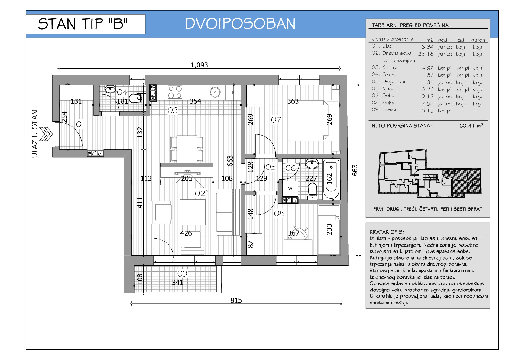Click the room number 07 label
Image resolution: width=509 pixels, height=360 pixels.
pyautogui.click(x=276, y=120)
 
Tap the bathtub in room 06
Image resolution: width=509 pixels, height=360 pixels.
pyautogui.click(x=331, y=179)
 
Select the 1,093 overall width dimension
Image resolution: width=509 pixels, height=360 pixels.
pyautogui.click(x=199, y=65)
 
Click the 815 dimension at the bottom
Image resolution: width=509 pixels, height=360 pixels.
pyautogui.click(x=236, y=300)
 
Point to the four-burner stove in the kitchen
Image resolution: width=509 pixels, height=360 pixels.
pyautogui.click(x=175, y=92)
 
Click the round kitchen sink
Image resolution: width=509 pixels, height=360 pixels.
pyautogui.click(x=215, y=92)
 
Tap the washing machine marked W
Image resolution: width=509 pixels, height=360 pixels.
pyautogui.click(x=290, y=189)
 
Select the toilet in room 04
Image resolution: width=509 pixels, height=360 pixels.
pyautogui.click(x=135, y=98)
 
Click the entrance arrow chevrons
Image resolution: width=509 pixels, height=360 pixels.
pyautogui.click(x=46, y=134)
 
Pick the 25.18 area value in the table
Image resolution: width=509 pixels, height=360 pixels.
pyautogui.click(x=426, y=54)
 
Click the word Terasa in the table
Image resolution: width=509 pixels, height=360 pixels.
pyautogui.click(x=390, y=110)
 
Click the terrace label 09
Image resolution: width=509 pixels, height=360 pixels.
pyautogui.click(x=182, y=273)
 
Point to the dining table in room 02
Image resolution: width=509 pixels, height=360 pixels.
pyautogui.click(x=187, y=149)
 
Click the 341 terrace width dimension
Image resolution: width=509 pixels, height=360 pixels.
pyautogui.click(x=177, y=283)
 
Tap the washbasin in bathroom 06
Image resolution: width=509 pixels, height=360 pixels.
pyautogui.click(x=312, y=163)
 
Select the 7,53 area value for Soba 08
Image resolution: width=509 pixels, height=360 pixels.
pyautogui.click(x=427, y=104)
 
